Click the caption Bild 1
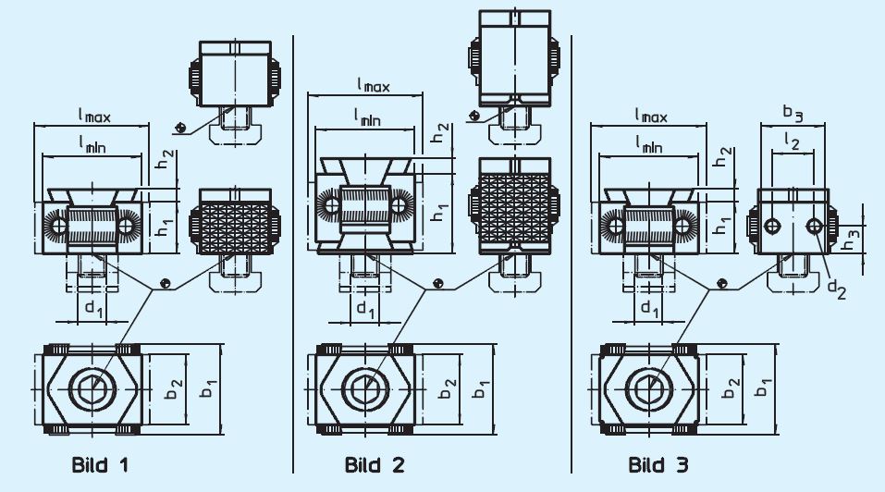[100, 464]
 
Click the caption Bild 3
[658, 464]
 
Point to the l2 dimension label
[793, 139]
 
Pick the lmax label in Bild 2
[373, 85]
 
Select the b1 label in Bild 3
[762, 387]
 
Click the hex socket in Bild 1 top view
[90, 387]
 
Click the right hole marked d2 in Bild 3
[814, 226]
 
